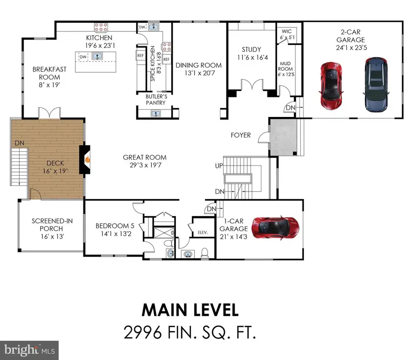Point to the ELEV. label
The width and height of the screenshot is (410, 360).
tap(203, 232)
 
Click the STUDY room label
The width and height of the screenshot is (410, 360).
tap(251, 50)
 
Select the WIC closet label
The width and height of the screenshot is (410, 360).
tap(287, 32)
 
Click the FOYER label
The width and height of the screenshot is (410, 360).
tap(241, 135)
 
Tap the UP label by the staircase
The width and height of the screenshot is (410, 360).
tap(219, 166)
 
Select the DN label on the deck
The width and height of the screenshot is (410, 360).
tap(19, 142)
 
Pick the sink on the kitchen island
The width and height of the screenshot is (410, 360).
tap(97, 56)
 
